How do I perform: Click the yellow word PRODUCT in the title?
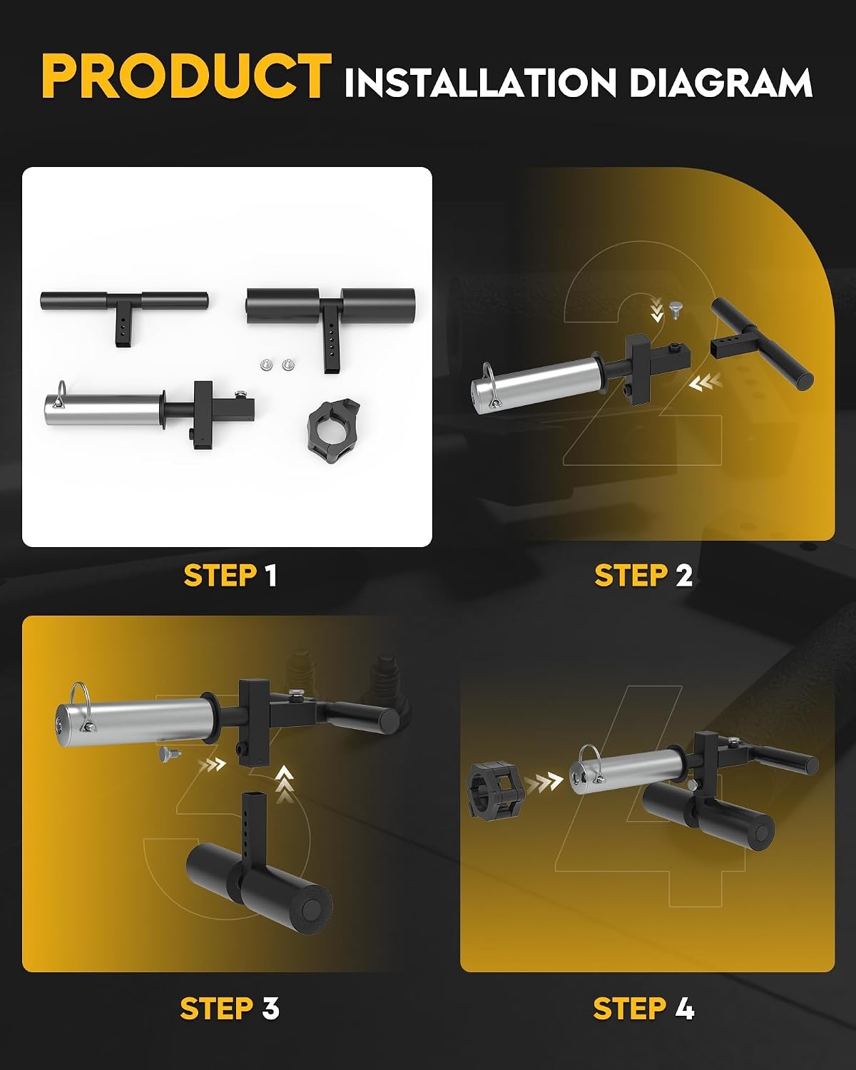click(186, 76)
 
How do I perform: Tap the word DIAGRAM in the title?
click(721, 82)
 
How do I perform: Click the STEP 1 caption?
click(230, 575)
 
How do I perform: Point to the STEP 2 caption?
click(643, 575)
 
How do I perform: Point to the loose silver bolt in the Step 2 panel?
click(675, 310)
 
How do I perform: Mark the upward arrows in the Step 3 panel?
click(284, 785)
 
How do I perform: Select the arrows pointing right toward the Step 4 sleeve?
click(543, 783)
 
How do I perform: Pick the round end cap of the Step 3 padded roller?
click(312, 908)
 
